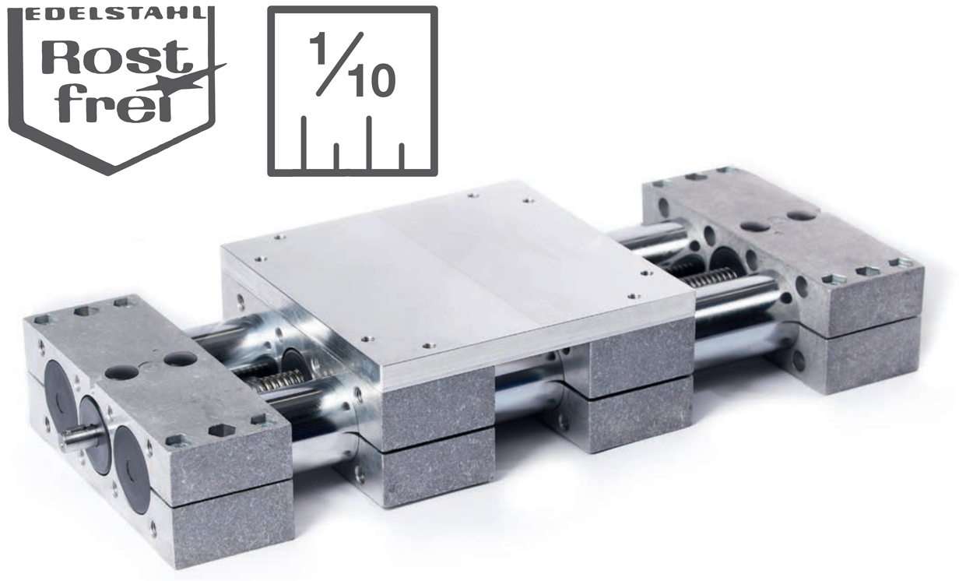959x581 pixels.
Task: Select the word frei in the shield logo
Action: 115,101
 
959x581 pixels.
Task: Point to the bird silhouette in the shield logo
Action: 184,79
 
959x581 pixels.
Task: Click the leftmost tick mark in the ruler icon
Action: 304,143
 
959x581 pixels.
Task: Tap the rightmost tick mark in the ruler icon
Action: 401,156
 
